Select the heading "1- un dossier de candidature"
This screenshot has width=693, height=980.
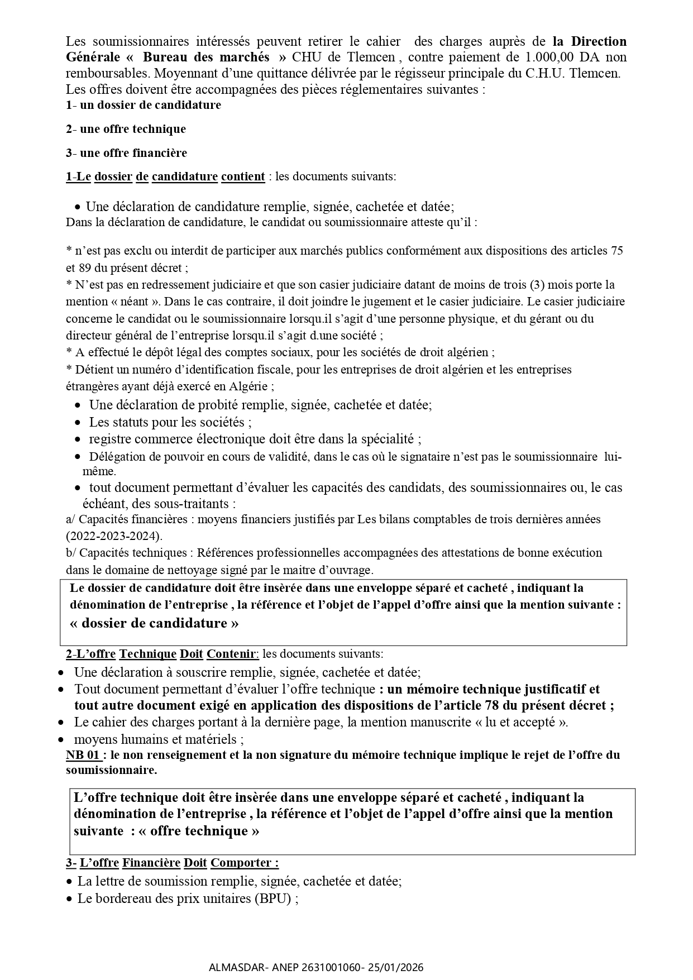pos(144,105)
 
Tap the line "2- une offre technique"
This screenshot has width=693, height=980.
pos(126,129)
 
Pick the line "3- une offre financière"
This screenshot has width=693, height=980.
pos(126,153)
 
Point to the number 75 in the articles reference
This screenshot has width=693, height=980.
pos(616,251)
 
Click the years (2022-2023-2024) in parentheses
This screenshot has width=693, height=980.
pos(114,536)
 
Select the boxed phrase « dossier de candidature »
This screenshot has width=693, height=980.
pos(154,623)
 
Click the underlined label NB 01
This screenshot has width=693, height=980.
pos(84,755)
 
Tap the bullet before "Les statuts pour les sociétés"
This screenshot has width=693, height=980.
pos(78,423)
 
